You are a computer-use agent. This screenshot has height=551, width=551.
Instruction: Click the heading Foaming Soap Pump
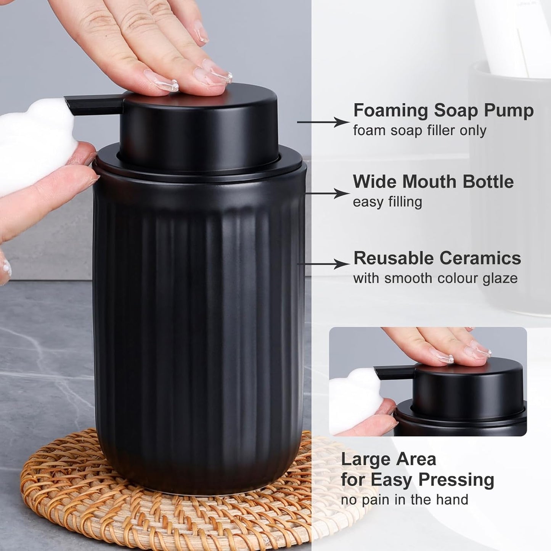443,111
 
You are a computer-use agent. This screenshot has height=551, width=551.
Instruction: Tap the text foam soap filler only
419,131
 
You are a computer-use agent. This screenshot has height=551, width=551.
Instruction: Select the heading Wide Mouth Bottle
433,182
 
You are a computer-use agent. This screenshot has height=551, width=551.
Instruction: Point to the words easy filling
387,202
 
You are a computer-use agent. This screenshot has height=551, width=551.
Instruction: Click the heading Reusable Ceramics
437,258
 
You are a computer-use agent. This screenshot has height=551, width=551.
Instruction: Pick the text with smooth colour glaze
435,278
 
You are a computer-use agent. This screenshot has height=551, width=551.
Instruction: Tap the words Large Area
388,459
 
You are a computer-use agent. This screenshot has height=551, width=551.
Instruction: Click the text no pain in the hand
404,500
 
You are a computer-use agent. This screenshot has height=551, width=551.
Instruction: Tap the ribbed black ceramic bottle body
198,324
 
